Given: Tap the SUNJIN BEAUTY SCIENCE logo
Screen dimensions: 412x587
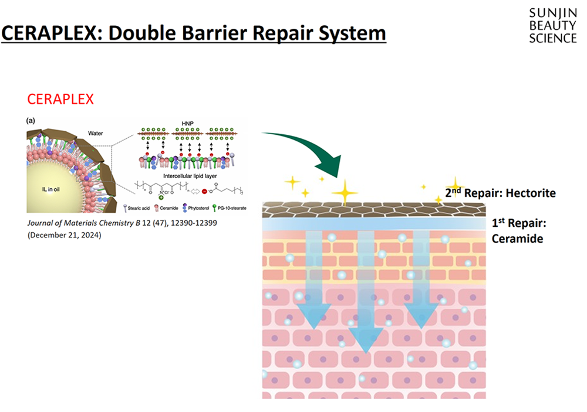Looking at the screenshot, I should [x=552, y=26].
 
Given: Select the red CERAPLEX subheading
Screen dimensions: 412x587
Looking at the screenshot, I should [x=60, y=99].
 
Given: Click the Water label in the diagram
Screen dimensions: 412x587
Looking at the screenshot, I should [x=96, y=132].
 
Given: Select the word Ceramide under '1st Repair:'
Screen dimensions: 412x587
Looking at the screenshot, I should [x=517, y=239].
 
